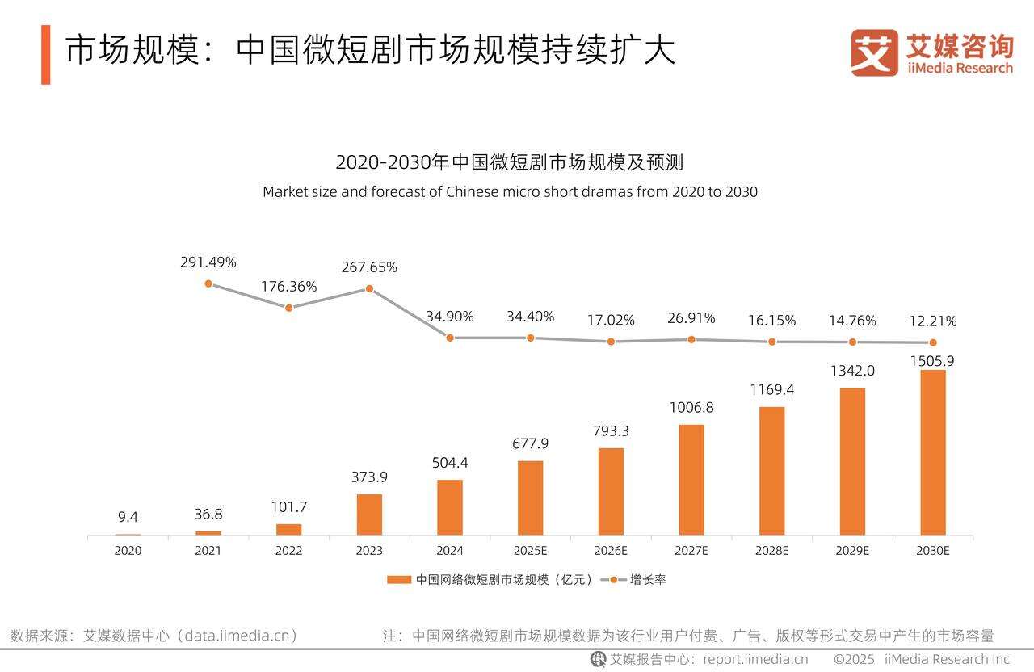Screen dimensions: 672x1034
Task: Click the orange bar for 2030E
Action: coord(933,452)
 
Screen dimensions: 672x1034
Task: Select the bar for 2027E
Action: coord(691,480)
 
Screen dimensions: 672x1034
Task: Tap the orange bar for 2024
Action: coord(450,507)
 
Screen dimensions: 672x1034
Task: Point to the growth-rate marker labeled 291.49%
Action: coord(208,283)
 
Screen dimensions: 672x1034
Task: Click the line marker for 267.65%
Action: coord(369,288)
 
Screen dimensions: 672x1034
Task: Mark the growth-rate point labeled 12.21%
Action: coord(933,342)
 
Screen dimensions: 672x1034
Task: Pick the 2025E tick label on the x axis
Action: coord(530,551)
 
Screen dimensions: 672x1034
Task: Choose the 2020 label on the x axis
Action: coord(128,551)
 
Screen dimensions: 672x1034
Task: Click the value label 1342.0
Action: coord(851,371)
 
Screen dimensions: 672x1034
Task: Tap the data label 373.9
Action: coord(369,477)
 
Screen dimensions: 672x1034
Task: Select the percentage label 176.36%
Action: coord(288,287)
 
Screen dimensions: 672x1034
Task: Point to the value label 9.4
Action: coord(128,517)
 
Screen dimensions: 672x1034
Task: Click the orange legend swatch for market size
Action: coord(399,580)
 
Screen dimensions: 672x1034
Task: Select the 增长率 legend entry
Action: coord(648,580)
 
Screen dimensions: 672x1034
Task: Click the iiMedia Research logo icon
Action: coord(874,53)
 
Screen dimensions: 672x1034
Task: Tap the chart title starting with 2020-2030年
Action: coord(510,162)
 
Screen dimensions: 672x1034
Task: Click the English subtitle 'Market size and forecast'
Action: coord(510,192)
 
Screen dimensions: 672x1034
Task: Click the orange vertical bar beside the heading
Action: coord(46,54)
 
